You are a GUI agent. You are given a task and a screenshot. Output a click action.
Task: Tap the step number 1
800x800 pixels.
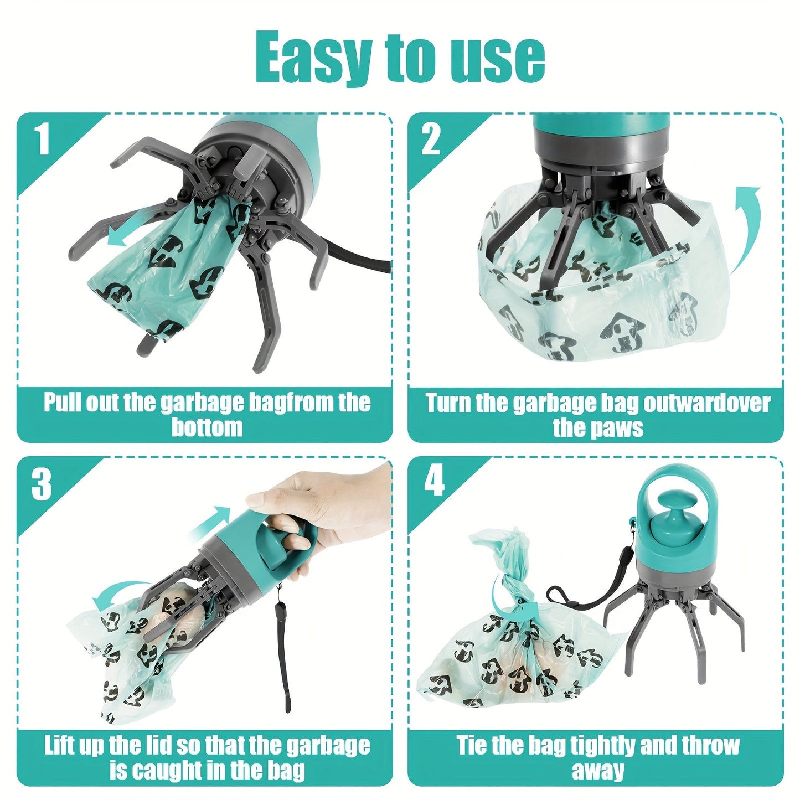(43, 140)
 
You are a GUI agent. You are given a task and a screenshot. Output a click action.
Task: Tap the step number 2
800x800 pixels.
(431, 140)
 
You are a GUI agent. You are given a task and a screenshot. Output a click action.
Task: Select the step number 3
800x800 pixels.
(42, 484)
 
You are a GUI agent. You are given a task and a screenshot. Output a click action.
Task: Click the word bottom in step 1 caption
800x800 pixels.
(207, 427)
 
